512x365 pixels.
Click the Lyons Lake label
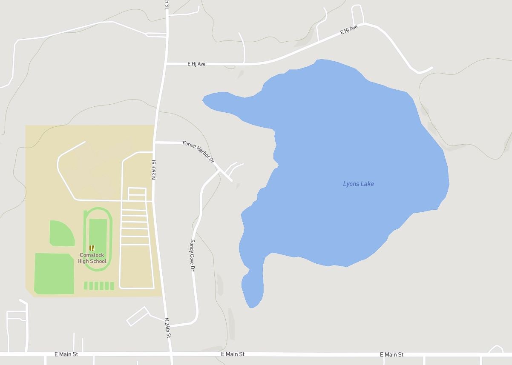click(x=358, y=184)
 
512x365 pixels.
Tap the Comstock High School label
click(x=92, y=258)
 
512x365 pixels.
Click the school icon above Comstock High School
click(x=92, y=248)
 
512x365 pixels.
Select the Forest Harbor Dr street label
click(x=198, y=151)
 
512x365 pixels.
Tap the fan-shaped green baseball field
click(x=61, y=234)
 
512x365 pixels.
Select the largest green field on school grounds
click(x=54, y=274)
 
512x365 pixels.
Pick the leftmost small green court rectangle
click(x=86, y=286)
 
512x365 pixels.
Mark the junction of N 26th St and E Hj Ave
click(x=166, y=64)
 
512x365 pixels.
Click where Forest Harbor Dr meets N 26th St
click(x=155, y=143)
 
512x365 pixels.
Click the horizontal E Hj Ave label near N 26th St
click(x=196, y=64)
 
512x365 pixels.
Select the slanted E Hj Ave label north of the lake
click(x=349, y=30)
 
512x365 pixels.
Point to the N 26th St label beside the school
click(x=154, y=169)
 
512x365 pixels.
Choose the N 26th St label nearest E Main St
click(x=168, y=328)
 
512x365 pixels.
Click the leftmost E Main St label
click(x=66, y=354)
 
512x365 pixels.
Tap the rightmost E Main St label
click(x=391, y=354)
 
